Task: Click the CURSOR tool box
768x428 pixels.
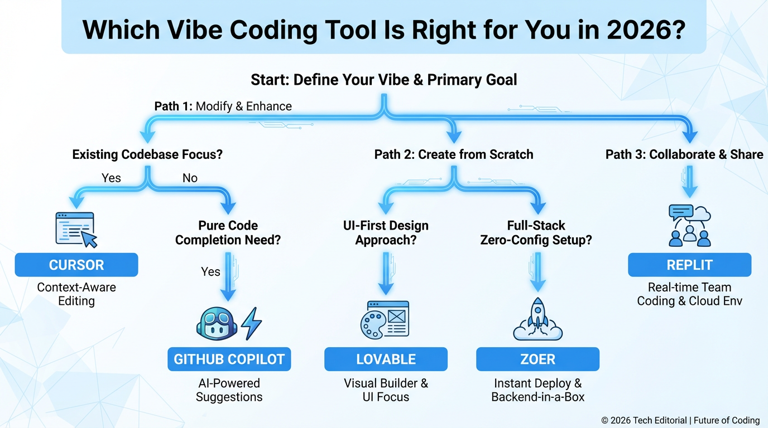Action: coord(76,265)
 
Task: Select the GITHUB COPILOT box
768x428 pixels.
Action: coord(229,359)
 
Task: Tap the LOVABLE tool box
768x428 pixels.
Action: coord(386,359)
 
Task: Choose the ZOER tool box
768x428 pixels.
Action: coord(537,359)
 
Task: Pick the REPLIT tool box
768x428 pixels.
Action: coord(689,265)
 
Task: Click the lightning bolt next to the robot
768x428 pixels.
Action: coord(251,323)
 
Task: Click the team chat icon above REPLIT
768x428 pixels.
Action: coord(689,225)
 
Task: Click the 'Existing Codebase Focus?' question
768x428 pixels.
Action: coord(147,154)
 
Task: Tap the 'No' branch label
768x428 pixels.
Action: coord(190,178)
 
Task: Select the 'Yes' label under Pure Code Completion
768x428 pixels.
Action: coord(210,271)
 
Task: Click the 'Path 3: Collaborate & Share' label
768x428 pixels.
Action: coord(684,154)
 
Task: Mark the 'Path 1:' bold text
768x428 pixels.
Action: coord(173,106)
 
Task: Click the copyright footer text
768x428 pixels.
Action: coord(680,420)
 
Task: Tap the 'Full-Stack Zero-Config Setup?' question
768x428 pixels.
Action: coord(536,233)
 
